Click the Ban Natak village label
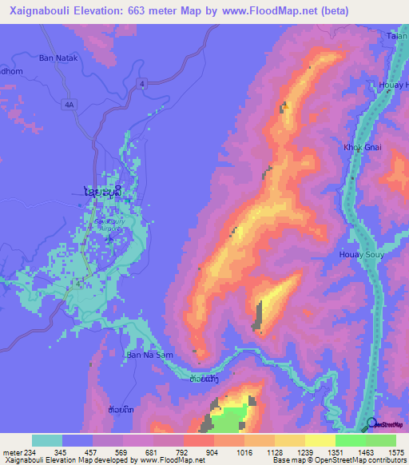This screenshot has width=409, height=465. [58, 58]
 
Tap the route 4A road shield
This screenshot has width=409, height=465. [69, 104]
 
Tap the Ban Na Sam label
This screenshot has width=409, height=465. [149, 353]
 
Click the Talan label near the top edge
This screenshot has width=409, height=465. [397, 38]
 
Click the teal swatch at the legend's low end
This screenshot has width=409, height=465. [47, 440]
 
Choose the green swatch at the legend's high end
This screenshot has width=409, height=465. [381, 440]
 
